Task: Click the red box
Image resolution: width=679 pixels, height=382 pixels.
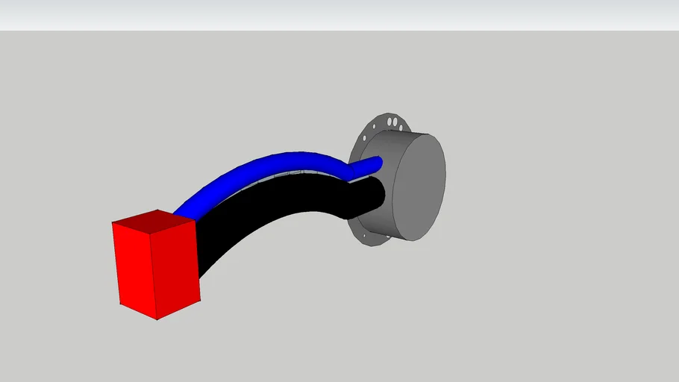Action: point(157,265)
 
